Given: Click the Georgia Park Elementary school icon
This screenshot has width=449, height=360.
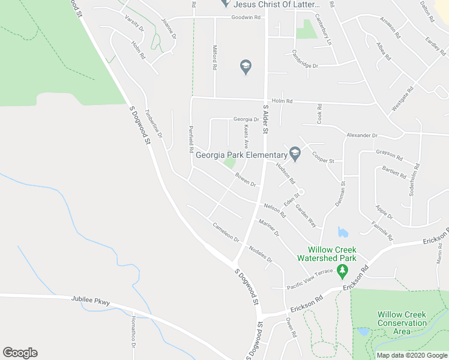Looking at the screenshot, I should click(295, 154).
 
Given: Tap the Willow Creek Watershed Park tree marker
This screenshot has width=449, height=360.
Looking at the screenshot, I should click(343, 272).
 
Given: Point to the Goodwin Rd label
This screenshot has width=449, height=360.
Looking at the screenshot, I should click(247, 17).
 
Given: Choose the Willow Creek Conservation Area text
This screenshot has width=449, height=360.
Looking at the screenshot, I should click(402, 323).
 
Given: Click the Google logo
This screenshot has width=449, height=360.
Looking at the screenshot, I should click(20, 353).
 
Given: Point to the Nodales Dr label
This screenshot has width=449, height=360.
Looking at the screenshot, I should click(261, 254).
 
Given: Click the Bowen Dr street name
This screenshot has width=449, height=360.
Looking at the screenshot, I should click(246, 179).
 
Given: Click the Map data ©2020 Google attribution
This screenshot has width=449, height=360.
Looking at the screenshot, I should click(412, 355).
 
